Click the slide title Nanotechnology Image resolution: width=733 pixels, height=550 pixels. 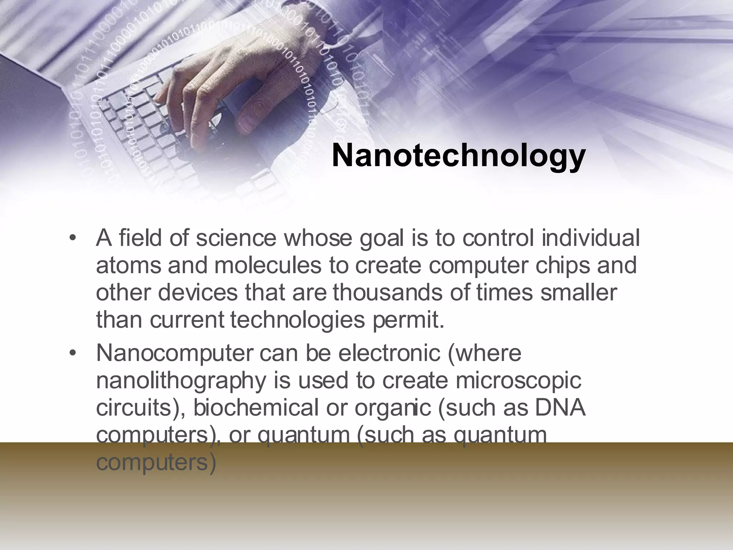coord(458,156)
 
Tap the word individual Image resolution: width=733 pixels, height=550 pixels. coord(590,238)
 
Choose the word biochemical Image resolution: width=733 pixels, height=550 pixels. coord(256,408)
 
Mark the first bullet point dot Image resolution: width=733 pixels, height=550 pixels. coord(73,239)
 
